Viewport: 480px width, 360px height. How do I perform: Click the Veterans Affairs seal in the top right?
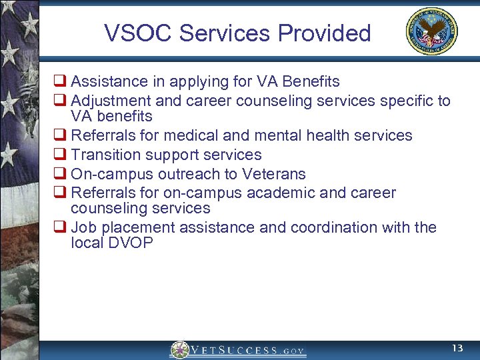(432, 32)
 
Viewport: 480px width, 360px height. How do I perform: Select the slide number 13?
(457, 348)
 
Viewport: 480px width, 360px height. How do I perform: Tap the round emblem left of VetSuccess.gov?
(179, 350)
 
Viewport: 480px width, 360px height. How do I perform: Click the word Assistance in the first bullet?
(109, 82)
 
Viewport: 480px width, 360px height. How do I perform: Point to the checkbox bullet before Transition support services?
(59, 155)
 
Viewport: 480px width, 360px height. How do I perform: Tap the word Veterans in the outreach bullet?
(275, 174)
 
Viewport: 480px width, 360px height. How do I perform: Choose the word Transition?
(105, 155)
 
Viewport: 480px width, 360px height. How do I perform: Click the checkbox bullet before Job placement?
(59, 227)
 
